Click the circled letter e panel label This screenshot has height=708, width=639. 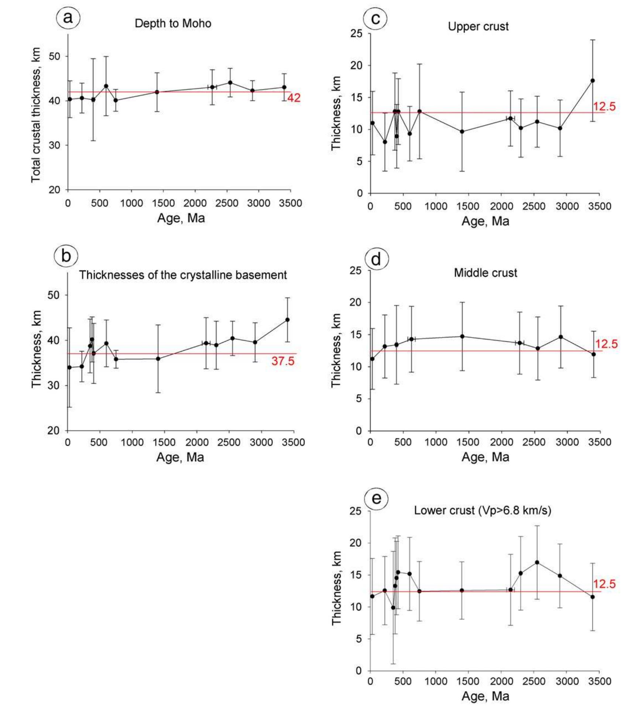(376, 499)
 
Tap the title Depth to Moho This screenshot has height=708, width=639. (173, 24)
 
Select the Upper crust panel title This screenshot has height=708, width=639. (478, 27)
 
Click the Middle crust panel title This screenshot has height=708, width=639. (485, 273)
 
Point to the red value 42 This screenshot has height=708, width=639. (294, 98)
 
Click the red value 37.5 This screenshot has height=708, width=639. (283, 361)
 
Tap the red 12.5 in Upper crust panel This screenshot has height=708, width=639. (604, 107)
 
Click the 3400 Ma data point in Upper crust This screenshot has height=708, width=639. (592, 80)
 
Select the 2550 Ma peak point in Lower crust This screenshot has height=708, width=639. (537, 563)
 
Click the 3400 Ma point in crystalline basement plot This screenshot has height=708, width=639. (287, 320)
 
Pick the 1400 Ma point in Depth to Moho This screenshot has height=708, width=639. (157, 92)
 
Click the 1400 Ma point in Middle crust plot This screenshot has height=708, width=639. (462, 336)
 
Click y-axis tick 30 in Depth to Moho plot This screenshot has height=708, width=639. (55, 145)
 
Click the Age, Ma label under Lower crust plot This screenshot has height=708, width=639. (485, 696)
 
